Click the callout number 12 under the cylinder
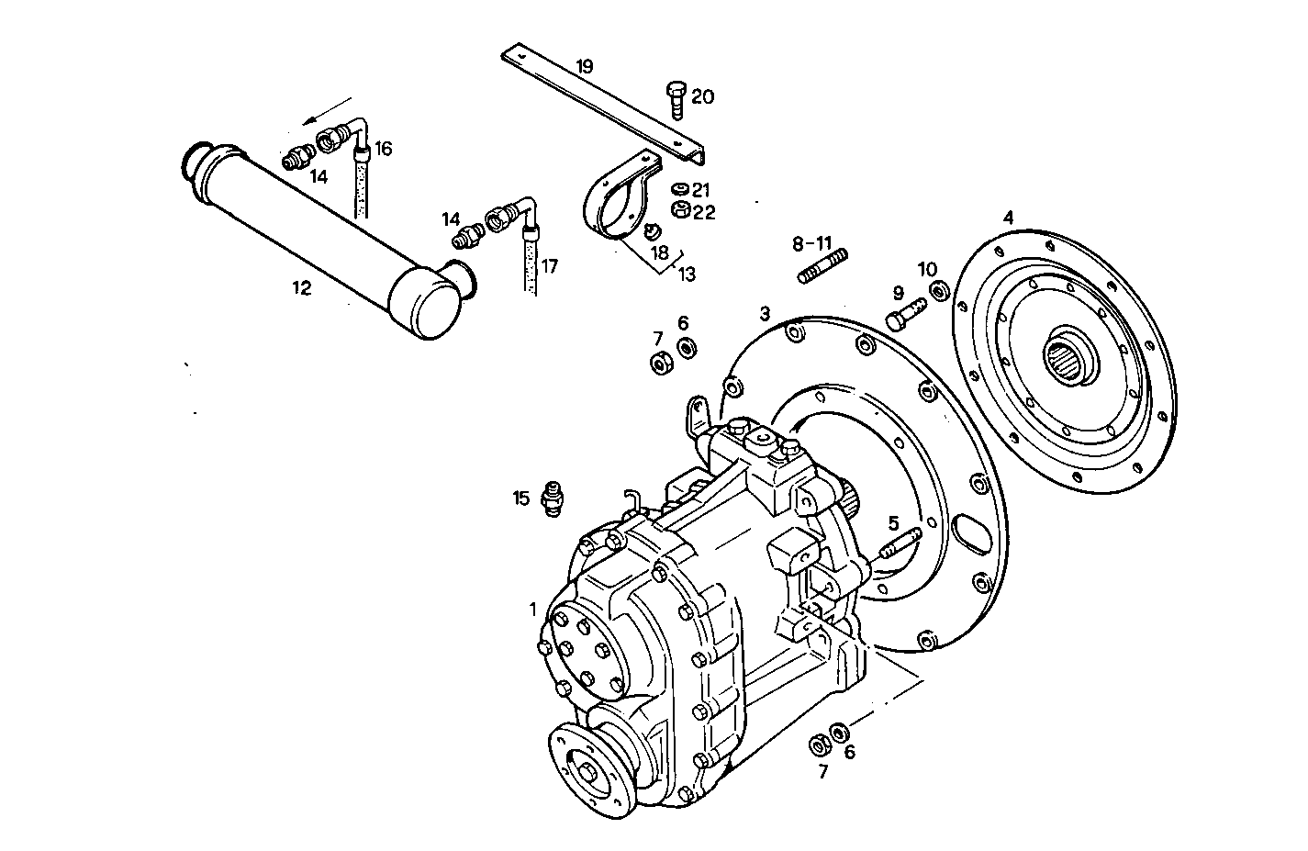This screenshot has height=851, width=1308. (302, 287)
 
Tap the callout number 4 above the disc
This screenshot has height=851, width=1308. (1008, 218)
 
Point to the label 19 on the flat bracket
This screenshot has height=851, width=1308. (585, 66)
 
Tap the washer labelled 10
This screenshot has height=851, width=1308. (939, 292)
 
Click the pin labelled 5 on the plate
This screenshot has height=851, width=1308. (898, 546)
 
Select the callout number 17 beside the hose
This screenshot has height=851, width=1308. (549, 268)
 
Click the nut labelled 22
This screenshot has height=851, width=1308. (681, 210)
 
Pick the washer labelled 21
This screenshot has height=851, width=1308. (680, 190)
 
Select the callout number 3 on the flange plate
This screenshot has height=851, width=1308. (764, 314)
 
